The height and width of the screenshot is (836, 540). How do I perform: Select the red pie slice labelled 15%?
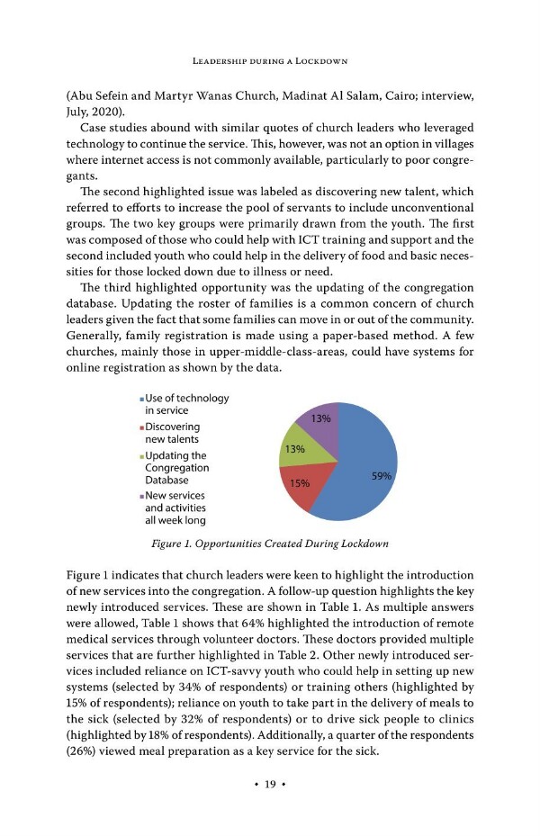pos(301,490)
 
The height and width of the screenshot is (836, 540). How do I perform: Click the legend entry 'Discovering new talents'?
pos(170,432)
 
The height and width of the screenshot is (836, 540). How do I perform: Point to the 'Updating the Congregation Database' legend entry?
pos(176,468)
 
